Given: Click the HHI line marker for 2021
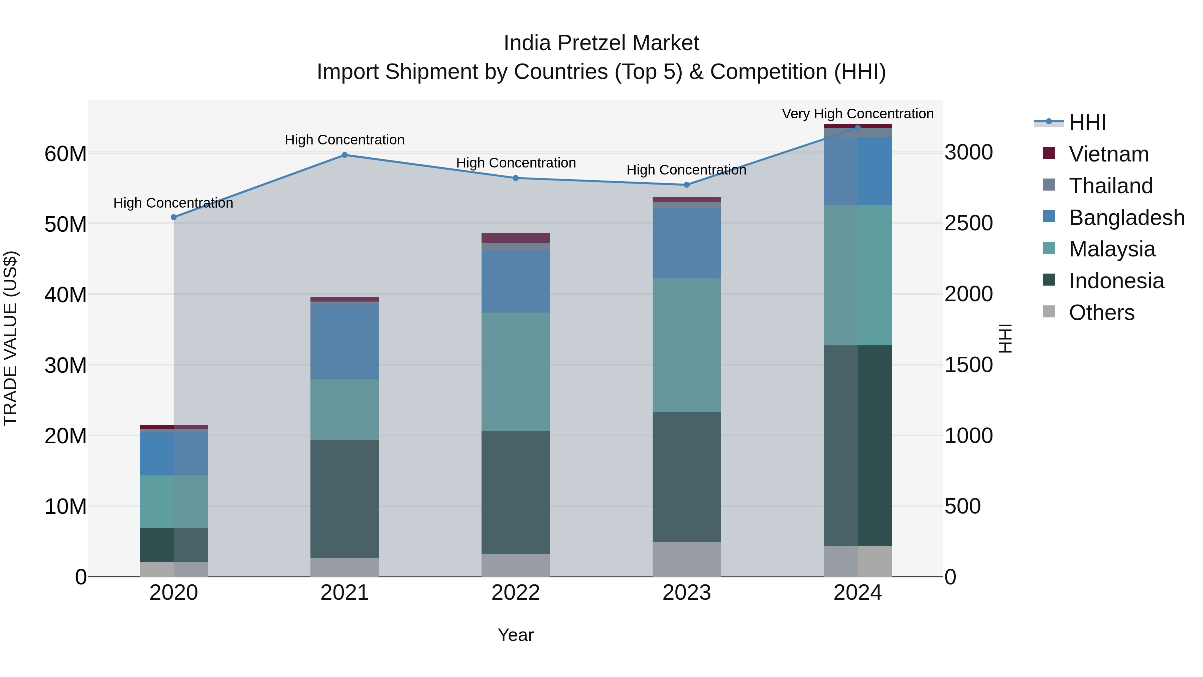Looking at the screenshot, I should click(x=345, y=155).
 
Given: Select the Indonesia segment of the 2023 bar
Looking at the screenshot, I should click(x=686, y=476).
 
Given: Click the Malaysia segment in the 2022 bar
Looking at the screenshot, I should click(x=516, y=371).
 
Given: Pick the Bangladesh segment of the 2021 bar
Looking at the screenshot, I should click(x=345, y=342).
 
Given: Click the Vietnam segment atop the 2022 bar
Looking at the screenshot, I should click(x=516, y=238).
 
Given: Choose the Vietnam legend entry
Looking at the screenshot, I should click(x=1108, y=154).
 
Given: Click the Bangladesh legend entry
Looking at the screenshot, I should click(x=1126, y=218).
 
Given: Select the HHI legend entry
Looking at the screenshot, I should click(x=1087, y=122).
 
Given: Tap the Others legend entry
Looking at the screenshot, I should click(x=1101, y=313).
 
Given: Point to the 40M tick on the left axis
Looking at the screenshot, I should click(x=65, y=295).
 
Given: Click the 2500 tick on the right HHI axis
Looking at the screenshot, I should click(x=968, y=223).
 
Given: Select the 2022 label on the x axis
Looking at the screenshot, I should click(x=516, y=593).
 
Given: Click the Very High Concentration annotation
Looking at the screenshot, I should click(x=857, y=114).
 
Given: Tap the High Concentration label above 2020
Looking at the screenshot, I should click(x=173, y=203).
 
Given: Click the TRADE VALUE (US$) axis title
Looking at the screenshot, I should click(x=10, y=338).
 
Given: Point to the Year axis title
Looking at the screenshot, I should click(x=516, y=635).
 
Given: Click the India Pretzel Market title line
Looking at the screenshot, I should click(x=601, y=43).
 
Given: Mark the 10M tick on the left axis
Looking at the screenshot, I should click(x=65, y=506).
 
